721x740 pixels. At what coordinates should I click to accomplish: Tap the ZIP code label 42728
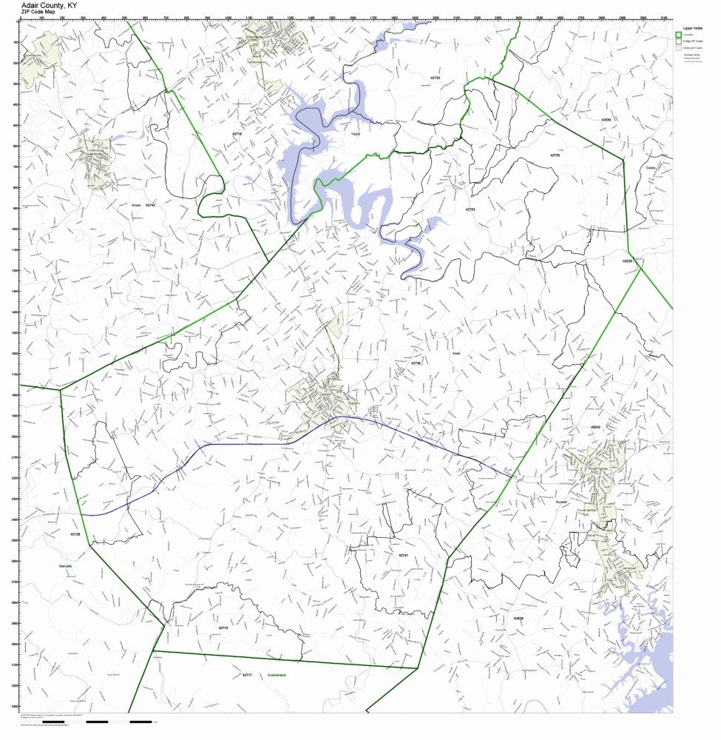pos(555,155)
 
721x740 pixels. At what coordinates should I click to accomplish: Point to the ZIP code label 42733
pos(435,77)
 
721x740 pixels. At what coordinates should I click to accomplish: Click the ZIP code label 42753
pos(470,209)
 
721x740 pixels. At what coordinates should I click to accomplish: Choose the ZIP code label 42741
pos(403,555)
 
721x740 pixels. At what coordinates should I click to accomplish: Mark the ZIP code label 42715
pos(223,628)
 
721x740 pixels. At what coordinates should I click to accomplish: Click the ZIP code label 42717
pos(247,676)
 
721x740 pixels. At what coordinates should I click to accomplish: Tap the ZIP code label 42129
pos(75,534)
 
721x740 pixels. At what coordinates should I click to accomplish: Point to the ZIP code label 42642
pos(595,428)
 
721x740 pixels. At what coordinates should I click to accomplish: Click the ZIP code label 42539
pos(606,119)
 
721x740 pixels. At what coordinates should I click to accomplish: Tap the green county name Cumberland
pos(277,676)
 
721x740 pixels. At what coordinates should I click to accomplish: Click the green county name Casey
pos(651,167)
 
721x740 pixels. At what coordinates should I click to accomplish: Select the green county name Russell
pos(561,501)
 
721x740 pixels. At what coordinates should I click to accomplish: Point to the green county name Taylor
pos(355,134)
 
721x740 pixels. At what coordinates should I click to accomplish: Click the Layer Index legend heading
pos(693,27)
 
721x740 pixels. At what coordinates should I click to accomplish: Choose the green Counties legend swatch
pos(678,35)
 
